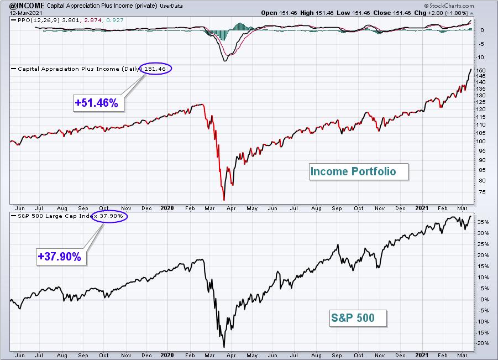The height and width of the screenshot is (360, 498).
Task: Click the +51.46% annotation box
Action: (98, 103)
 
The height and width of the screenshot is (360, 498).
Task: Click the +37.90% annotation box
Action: (61, 257)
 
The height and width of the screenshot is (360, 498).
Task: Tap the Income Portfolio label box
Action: (359, 171)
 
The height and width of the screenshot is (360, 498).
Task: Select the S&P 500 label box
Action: (358, 318)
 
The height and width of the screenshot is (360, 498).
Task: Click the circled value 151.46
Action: (156, 69)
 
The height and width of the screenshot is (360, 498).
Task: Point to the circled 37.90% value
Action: (109, 216)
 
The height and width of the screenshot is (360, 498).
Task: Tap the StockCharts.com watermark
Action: (449, 6)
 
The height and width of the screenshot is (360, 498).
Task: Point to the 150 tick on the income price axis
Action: (481, 71)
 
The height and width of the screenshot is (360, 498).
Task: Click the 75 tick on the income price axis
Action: (482, 192)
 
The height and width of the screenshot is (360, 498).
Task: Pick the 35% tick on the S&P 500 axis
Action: (483, 222)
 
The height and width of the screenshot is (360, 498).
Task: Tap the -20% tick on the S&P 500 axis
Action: (482, 343)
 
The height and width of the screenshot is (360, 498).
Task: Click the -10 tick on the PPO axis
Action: (480, 57)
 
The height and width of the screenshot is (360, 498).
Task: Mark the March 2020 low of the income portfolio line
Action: (224, 200)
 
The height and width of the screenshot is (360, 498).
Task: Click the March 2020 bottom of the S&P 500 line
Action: (224, 347)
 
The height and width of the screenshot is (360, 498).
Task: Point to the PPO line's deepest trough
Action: (225, 61)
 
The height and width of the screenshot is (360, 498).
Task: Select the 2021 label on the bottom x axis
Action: (422, 355)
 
